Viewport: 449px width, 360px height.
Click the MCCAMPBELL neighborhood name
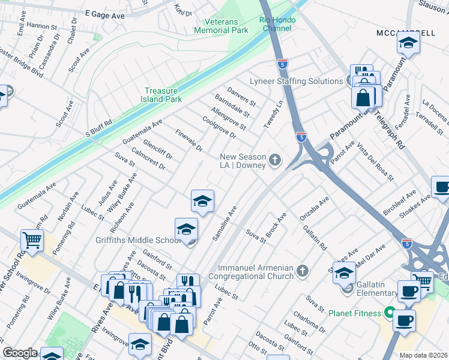click(406, 32)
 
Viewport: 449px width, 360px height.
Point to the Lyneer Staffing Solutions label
click(296, 81)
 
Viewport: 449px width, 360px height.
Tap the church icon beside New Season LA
click(275, 160)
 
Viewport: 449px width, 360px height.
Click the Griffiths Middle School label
click(138, 241)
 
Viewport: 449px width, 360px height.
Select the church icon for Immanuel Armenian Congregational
click(303, 272)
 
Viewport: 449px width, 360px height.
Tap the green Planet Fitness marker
click(389, 313)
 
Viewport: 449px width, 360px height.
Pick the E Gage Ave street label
click(104, 14)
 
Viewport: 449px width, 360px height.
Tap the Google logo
click(20, 353)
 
